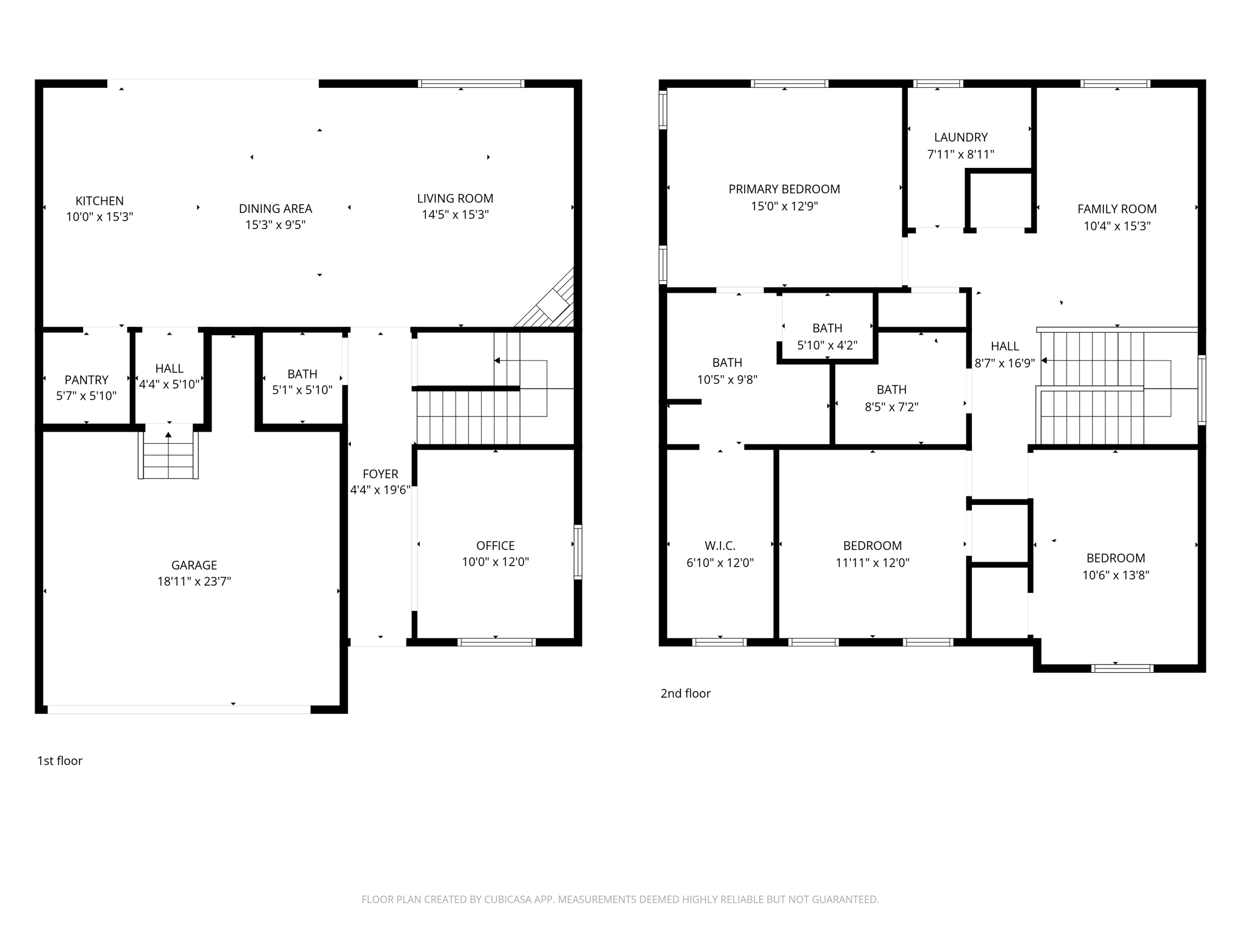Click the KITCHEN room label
point(99,201)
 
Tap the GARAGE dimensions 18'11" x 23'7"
point(194,581)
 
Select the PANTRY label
point(86,380)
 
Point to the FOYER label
point(380,474)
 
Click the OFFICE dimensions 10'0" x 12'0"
point(495,562)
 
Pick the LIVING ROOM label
point(454,198)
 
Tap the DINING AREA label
point(275,209)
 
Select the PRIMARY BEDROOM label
point(784,189)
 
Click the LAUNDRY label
point(960,138)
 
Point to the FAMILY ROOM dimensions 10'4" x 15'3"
point(1117,226)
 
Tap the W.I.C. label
point(720,546)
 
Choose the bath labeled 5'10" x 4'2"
point(827,337)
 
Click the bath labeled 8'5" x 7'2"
point(891,398)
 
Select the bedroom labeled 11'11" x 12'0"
point(872,554)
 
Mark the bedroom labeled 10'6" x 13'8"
point(1115,567)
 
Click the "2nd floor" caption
point(685,693)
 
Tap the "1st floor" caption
point(59,761)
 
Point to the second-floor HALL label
point(1004,346)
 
